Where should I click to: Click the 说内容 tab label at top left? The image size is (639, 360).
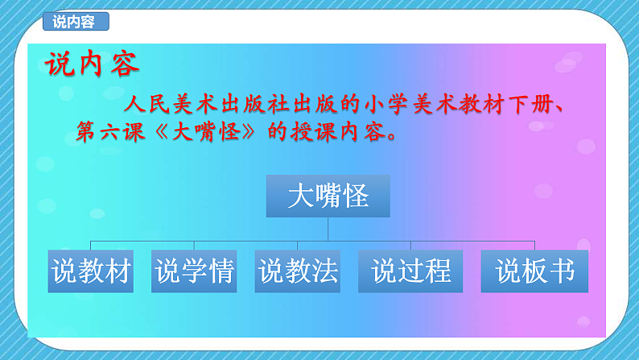click(75, 23)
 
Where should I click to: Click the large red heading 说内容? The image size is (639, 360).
click(93, 64)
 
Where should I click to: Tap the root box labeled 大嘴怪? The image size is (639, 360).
click(328, 196)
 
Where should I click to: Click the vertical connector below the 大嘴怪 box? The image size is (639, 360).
click(328, 229)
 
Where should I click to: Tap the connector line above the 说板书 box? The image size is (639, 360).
click(534, 245)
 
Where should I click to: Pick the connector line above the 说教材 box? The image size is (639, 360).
click(91, 245)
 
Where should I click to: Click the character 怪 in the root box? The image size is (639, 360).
click(355, 196)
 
